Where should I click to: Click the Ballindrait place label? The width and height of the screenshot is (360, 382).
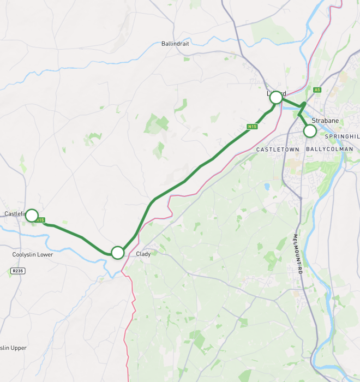pyautogui.click(x=175, y=44)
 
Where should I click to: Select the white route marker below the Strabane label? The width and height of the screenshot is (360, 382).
pyautogui.click(x=310, y=131)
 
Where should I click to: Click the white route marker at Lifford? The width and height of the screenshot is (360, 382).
pyautogui.click(x=276, y=97)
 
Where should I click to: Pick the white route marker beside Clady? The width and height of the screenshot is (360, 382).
pyautogui.click(x=118, y=252)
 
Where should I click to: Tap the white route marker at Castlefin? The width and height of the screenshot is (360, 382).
pyautogui.click(x=32, y=216)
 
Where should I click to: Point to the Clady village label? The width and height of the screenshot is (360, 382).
pyautogui.click(x=143, y=254)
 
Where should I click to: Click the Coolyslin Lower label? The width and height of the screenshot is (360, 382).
pyautogui.click(x=33, y=254)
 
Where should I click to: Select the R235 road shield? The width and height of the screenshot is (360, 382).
pyautogui.click(x=17, y=270)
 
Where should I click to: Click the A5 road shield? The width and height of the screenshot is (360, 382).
pyautogui.click(x=317, y=89)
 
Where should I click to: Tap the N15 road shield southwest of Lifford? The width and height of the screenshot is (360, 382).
pyautogui.click(x=251, y=127)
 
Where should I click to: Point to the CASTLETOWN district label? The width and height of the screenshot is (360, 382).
pyautogui.click(x=278, y=149)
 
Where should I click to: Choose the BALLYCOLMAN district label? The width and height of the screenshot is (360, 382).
pyautogui.click(x=329, y=149)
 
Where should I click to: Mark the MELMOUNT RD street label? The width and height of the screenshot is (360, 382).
pyautogui.click(x=297, y=254)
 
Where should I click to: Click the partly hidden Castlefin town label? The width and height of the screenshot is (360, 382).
pyautogui.click(x=14, y=214)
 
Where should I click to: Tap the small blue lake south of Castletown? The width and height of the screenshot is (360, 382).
pyautogui.click(x=267, y=187)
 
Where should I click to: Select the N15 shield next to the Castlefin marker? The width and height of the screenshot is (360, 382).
pyautogui.click(x=41, y=220)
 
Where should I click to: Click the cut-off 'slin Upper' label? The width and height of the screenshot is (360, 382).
pyautogui.click(x=13, y=348)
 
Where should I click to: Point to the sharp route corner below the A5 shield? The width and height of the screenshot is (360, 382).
pyautogui.click(x=304, y=103)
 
